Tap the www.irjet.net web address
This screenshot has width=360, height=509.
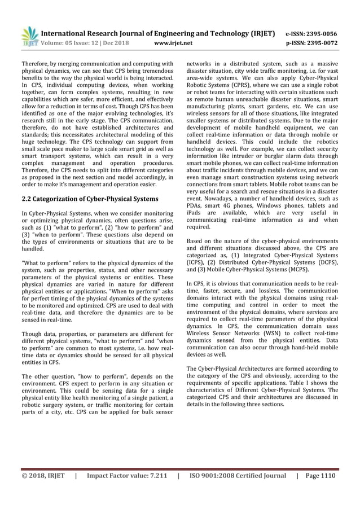173,42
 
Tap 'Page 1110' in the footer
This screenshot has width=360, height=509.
320,475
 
